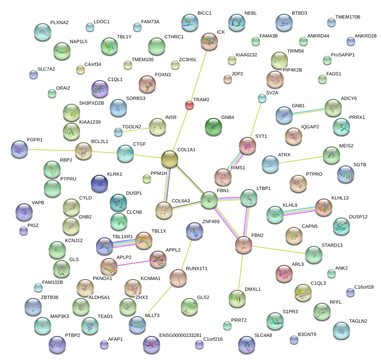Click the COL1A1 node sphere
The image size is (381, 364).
(170, 159)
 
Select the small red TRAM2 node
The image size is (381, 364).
(189, 105)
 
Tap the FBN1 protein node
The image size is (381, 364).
(209, 200)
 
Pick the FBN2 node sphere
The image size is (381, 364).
(244, 245)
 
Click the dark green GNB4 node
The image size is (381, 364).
(214, 126)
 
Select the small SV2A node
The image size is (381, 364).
(262, 98)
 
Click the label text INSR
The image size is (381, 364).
(171, 117)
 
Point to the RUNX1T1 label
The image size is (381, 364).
(197, 268)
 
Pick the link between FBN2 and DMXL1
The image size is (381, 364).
(241, 271)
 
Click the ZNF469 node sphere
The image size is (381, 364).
(194, 231)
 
